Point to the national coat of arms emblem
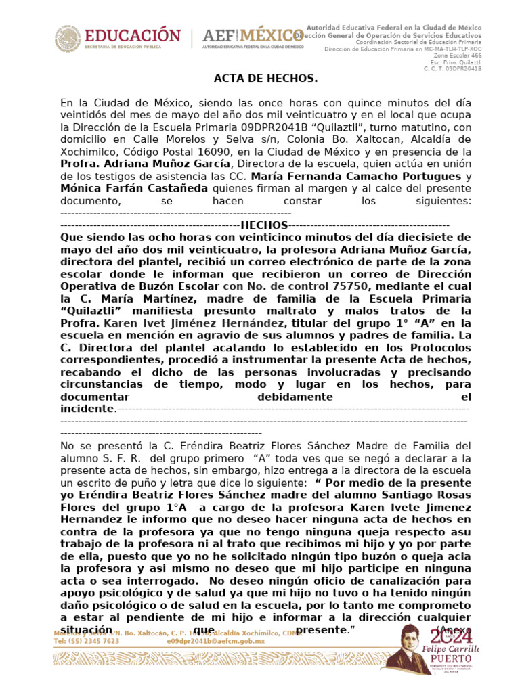[x=66, y=39]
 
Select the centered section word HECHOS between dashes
[x=265, y=225]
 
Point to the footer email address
[x=215, y=640]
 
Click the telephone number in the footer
[x=86, y=640]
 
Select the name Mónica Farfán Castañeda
[x=134, y=188]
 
